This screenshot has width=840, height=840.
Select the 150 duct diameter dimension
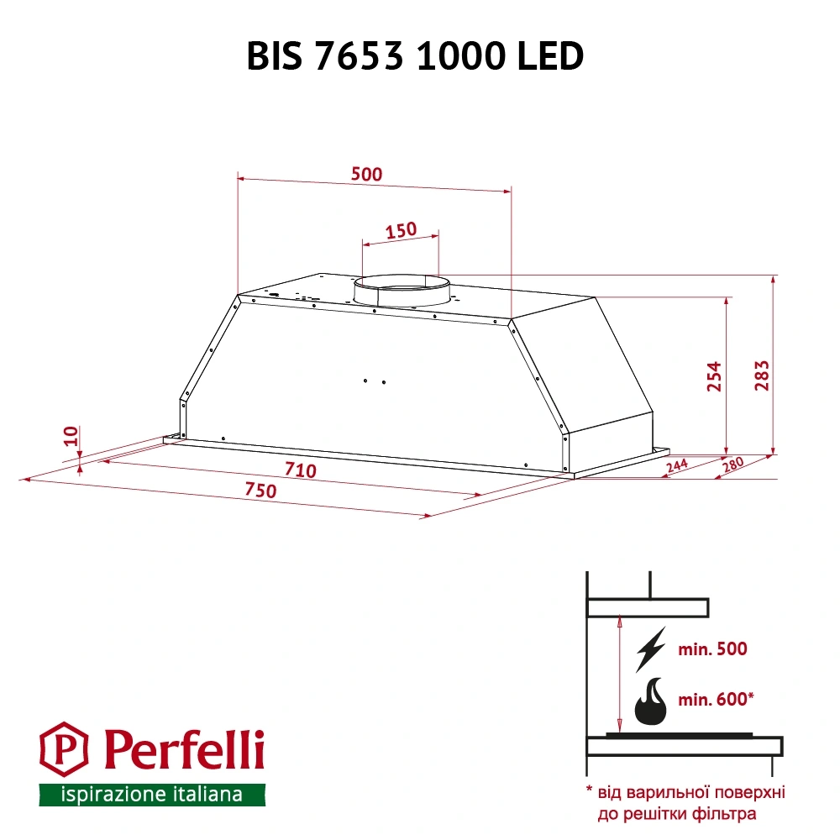click(x=401, y=231)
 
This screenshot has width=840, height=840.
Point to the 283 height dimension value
click(x=762, y=377)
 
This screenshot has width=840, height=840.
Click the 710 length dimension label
click(x=300, y=470)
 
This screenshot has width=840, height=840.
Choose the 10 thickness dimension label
click(x=71, y=435)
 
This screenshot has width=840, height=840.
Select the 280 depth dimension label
click(x=732, y=465)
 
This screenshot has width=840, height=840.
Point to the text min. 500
click(x=711, y=648)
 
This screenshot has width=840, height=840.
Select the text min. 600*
click(x=715, y=698)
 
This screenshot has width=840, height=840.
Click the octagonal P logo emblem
click(x=65, y=750)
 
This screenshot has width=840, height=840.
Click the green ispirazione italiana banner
click(x=152, y=794)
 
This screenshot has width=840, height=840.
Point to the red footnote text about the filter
click(x=685, y=802)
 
